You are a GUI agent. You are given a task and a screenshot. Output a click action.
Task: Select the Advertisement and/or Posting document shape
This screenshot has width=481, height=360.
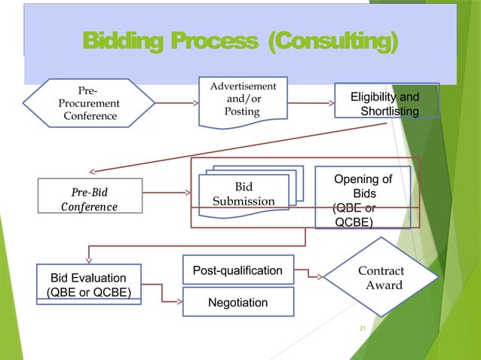(x=242, y=100)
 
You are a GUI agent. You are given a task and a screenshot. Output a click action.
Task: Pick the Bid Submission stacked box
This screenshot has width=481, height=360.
(x=244, y=194)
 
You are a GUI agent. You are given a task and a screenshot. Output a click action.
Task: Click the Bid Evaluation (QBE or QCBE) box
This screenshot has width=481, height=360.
(x=89, y=285)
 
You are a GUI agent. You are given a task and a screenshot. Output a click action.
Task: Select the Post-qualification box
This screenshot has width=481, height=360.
(x=237, y=270)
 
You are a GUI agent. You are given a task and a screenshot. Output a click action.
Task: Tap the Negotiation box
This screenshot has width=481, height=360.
(x=237, y=302)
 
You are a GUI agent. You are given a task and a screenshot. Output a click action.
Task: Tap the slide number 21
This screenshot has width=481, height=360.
(x=362, y=328)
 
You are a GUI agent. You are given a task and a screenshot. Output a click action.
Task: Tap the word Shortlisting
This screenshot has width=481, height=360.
(x=390, y=111)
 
